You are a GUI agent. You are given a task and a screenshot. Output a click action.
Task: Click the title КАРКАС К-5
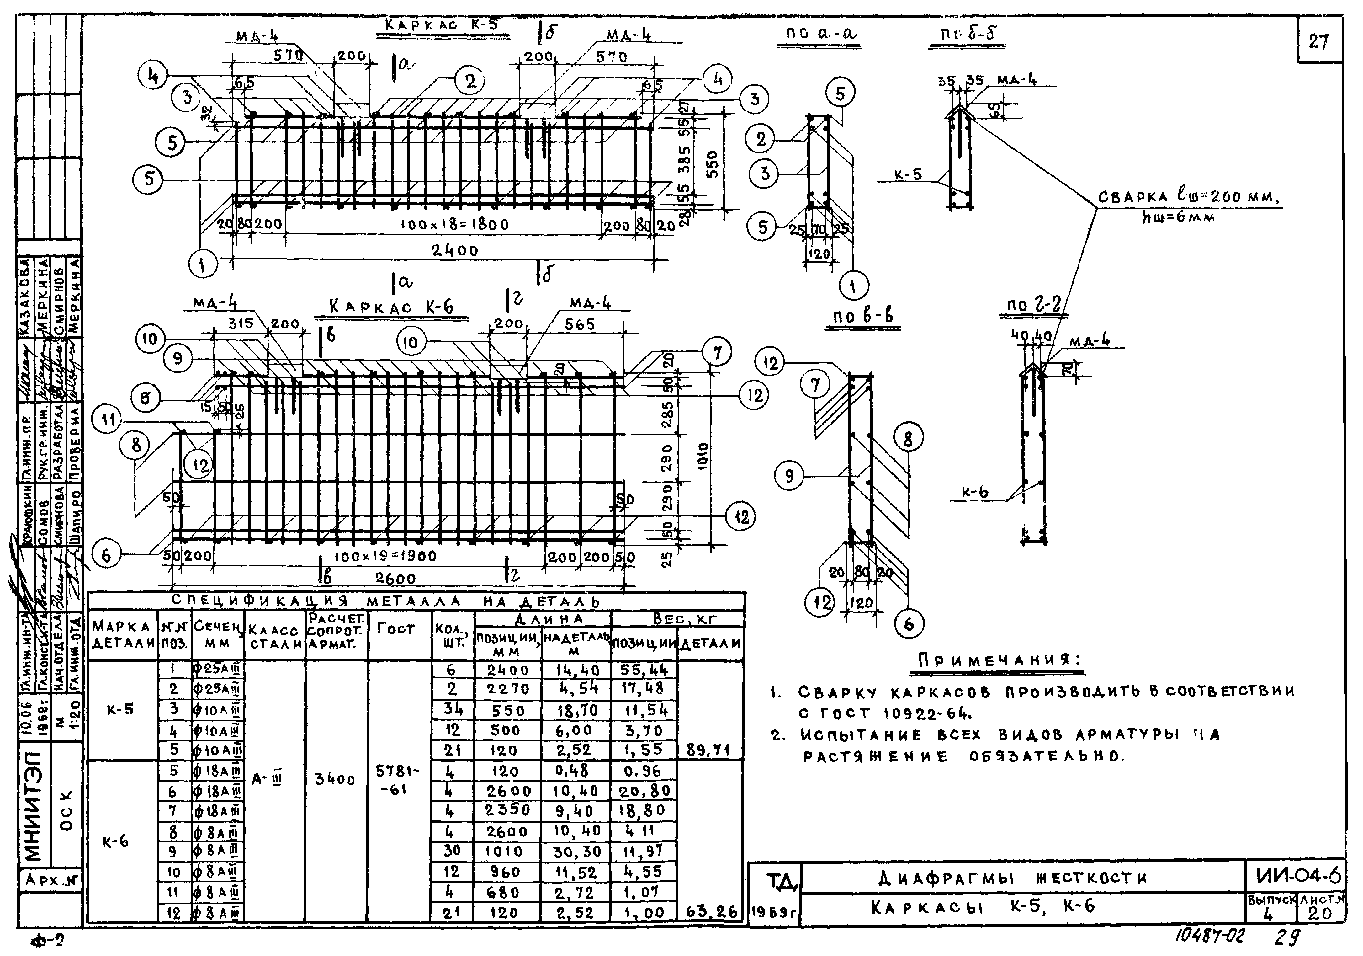[442, 26]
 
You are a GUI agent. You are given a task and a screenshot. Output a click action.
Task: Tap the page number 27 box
[1319, 41]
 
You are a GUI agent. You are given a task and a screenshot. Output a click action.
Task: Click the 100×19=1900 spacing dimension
[386, 556]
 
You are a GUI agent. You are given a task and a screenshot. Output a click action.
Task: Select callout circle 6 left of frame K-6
[106, 555]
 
